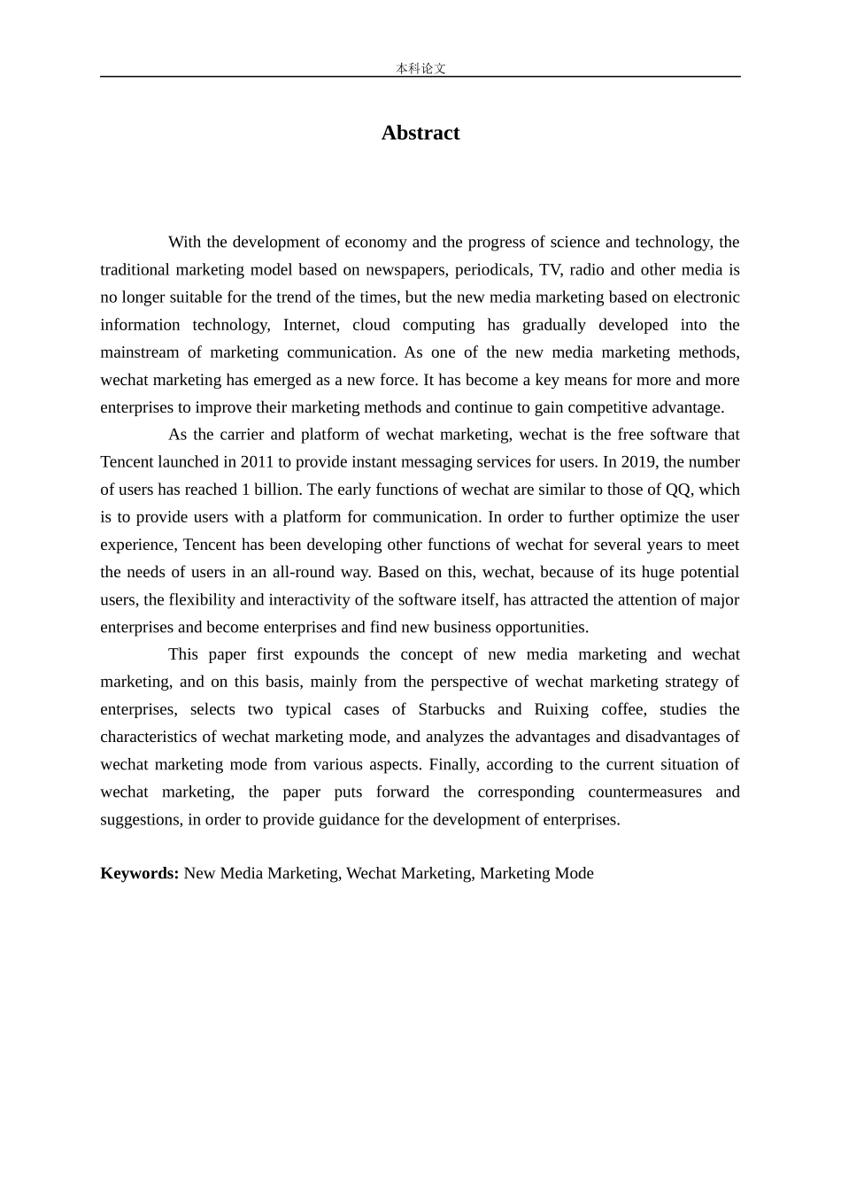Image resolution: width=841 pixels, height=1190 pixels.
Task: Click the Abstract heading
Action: click(x=420, y=133)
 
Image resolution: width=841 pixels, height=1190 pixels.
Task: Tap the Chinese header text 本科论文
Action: click(x=420, y=68)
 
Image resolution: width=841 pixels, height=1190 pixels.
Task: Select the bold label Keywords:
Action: click(x=140, y=873)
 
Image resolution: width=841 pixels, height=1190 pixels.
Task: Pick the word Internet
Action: click(x=311, y=324)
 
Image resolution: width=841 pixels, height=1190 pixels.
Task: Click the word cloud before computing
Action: click(x=371, y=324)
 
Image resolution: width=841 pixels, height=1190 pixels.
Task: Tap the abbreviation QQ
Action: click(x=677, y=489)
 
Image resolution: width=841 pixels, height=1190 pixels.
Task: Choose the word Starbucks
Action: click(x=451, y=709)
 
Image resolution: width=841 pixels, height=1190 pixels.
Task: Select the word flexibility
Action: click(x=202, y=599)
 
